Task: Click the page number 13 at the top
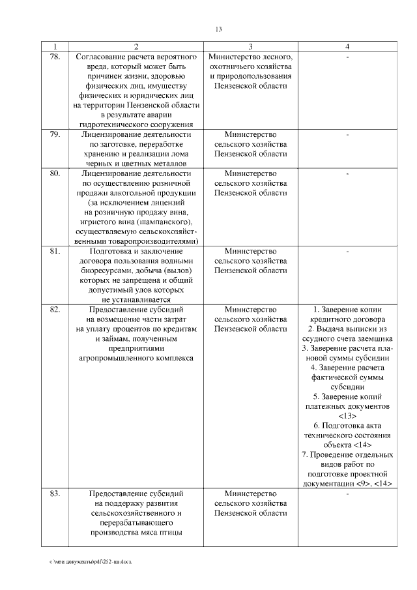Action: point(218,29)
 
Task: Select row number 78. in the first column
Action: point(55,57)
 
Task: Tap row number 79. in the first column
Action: point(55,134)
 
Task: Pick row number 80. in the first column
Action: point(55,173)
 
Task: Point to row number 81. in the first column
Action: point(55,250)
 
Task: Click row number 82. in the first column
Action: point(55,308)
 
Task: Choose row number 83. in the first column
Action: point(55,493)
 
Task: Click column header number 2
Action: point(136,47)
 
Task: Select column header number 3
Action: point(250,47)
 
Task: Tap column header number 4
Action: point(347,47)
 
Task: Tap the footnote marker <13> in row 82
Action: point(347,416)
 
